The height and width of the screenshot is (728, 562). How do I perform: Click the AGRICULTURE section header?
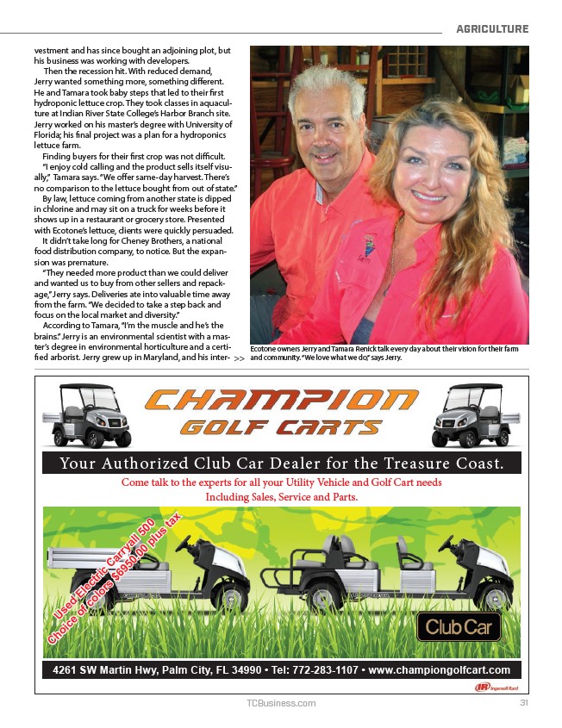(x=492, y=29)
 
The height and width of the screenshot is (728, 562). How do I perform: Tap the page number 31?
(x=523, y=703)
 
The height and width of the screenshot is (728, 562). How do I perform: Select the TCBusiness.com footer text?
(x=281, y=703)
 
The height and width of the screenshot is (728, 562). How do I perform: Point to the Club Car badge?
(x=460, y=626)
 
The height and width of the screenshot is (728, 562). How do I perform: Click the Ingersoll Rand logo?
(x=496, y=687)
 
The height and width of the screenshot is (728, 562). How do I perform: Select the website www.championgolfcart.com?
(x=439, y=669)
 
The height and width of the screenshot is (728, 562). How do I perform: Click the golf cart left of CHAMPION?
(x=86, y=416)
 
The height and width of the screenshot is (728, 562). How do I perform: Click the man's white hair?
(x=328, y=86)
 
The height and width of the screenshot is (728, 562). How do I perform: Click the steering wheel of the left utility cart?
(x=184, y=543)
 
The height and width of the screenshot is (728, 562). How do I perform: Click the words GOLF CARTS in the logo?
(x=281, y=428)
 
